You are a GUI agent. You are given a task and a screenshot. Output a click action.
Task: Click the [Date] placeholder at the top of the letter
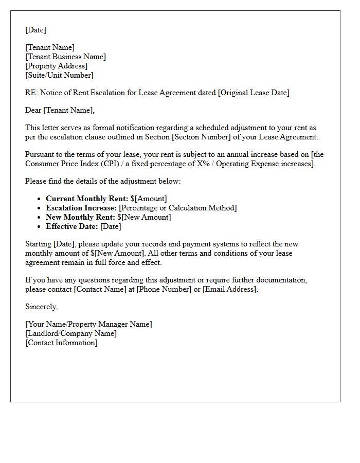(35, 30)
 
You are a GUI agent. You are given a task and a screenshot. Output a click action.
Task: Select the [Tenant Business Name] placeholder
(66, 57)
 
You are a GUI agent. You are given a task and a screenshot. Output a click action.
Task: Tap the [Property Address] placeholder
(57, 66)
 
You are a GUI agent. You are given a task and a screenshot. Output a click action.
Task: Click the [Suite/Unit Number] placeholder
(60, 75)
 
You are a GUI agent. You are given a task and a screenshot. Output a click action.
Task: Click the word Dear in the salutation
(33, 110)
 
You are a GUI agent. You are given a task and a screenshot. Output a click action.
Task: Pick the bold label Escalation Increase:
(81, 208)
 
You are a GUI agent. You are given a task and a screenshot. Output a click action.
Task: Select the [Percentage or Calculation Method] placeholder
(178, 208)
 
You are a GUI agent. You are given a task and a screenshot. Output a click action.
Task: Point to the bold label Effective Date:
(72, 226)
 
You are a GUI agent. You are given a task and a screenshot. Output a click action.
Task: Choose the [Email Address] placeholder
(229, 289)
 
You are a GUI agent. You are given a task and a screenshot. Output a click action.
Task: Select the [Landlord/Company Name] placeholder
(71, 333)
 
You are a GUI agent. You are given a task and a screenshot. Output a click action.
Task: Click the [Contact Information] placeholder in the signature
(61, 343)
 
